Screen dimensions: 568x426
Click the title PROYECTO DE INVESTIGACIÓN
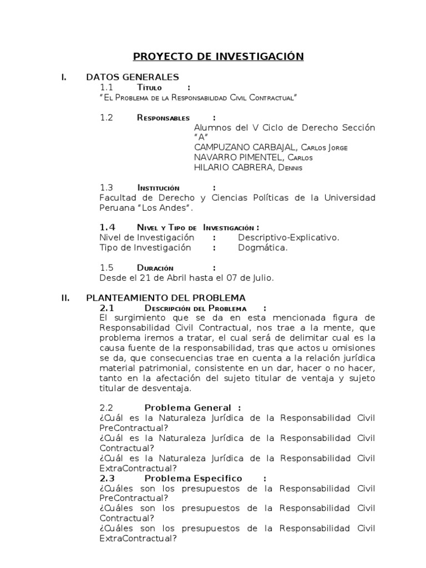(219, 56)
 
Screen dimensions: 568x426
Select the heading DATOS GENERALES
(133, 77)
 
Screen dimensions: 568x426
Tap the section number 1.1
(106, 88)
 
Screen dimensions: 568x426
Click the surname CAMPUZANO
(217, 147)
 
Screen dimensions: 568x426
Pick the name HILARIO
(210, 168)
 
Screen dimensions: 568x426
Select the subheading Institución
(158, 188)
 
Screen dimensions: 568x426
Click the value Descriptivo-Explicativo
(288, 237)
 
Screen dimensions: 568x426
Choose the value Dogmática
(263, 248)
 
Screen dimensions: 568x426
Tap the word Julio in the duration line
(261, 277)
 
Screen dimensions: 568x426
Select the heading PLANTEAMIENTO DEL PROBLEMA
(166, 298)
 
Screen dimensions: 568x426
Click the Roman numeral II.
(65, 298)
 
